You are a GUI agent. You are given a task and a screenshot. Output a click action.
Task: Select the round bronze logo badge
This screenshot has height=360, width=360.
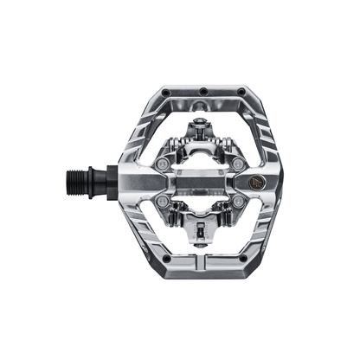258,183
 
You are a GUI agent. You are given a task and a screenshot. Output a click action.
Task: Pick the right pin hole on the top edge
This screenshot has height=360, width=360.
240,90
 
